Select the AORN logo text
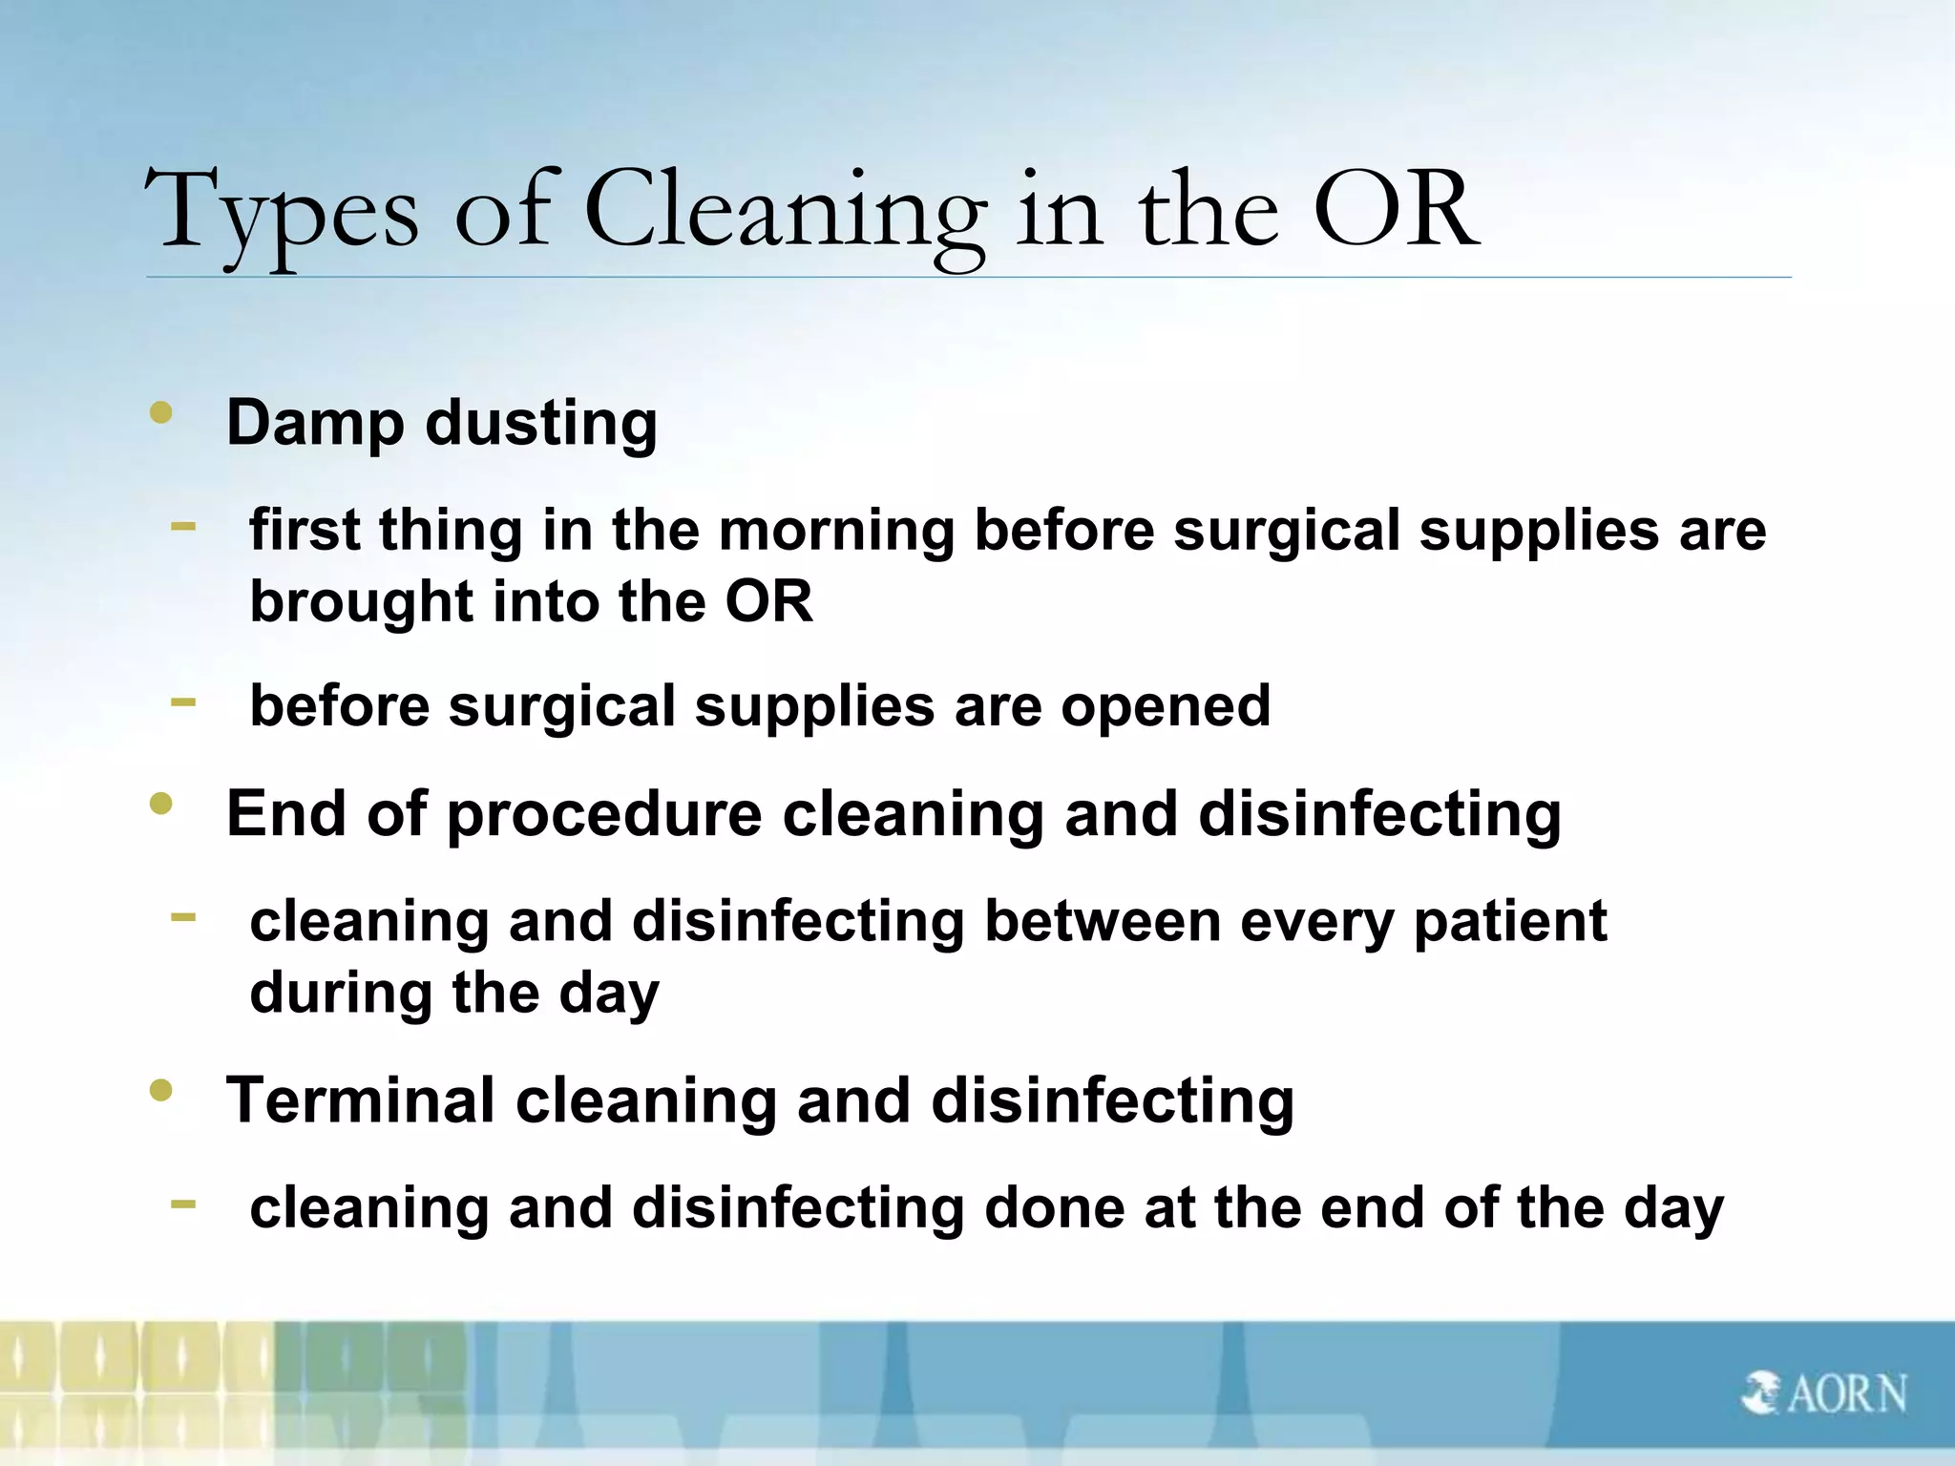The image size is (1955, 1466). click(1847, 1393)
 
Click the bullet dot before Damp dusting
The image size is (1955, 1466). click(161, 413)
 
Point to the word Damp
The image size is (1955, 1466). click(315, 423)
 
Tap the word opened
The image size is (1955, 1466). click(1166, 707)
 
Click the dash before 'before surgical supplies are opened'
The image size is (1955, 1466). click(183, 702)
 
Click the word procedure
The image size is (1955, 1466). click(604, 814)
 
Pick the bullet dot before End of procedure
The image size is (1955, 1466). click(161, 805)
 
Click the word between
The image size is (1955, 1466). click(1103, 922)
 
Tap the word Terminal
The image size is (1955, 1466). click(361, 1100)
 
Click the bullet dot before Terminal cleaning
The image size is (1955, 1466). click(161, 1090)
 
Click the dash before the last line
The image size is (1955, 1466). click(183, 1204)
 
